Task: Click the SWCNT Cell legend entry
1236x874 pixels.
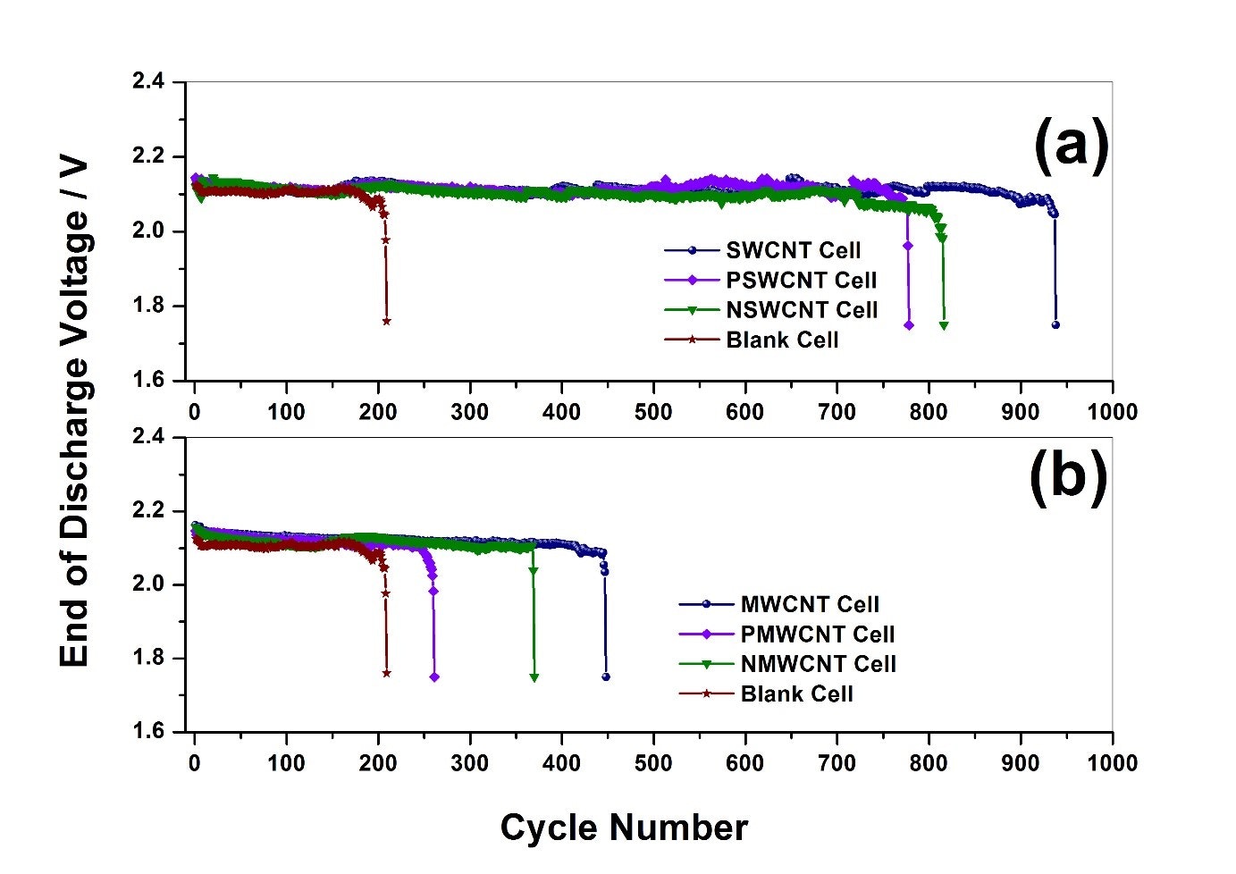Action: coord(793,250)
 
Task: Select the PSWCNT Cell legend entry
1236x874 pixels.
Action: coord(801,281)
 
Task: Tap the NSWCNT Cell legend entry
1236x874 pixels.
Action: coord(802,310)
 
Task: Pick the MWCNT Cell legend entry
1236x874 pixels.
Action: coord(810,604)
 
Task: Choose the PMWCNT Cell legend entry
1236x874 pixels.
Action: coord(817,634)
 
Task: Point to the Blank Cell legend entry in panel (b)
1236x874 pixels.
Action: coord(796,694)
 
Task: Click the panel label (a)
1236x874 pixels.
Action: coord(1071,145)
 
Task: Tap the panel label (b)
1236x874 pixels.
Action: coord(1069,476)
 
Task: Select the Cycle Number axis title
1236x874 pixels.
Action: coord(624,828)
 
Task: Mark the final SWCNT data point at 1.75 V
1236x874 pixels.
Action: coord(1055,324)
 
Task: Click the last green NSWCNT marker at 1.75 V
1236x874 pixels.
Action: coord(944,325)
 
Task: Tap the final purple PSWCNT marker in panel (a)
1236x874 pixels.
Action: coord(909,325)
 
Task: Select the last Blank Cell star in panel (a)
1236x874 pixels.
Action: coord(386,321)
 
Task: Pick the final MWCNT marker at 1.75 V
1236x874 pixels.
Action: coord(606,677)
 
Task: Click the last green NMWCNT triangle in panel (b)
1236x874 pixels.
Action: coord(534,677)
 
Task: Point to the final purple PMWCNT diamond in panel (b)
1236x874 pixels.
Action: coord(434,677)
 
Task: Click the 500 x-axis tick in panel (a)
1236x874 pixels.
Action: coord(653,412)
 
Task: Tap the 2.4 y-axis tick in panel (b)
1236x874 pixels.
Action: coord(148,437)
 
